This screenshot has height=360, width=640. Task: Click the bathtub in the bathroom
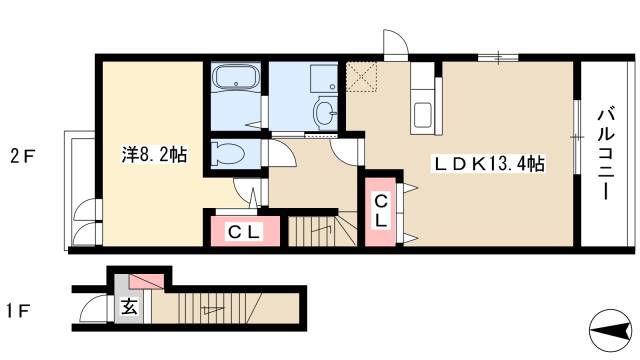coord(236,78)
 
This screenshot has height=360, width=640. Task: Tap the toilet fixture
coord(228,153)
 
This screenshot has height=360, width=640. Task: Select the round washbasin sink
coord(325,111)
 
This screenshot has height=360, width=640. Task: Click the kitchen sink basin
coord(423,115)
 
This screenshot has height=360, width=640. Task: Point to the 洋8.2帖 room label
coord(154,154)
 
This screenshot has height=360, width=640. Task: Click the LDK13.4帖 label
coord(490,164)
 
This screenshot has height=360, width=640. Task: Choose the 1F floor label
coord(18,312)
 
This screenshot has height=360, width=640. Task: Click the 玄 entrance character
coord(129,307)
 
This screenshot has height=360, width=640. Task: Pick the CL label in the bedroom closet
coord(244,233)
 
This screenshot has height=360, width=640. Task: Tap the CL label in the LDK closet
coord(380,211)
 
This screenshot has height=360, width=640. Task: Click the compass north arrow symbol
coord(611,330)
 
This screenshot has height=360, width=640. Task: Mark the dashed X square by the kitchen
coord(362,77)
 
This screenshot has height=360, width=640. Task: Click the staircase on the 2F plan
coord(322,231)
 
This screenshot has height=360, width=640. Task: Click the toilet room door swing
coord(280,153)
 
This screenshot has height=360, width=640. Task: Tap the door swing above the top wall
coord(395,42)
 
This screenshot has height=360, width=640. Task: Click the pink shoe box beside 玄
coord(147,282)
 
